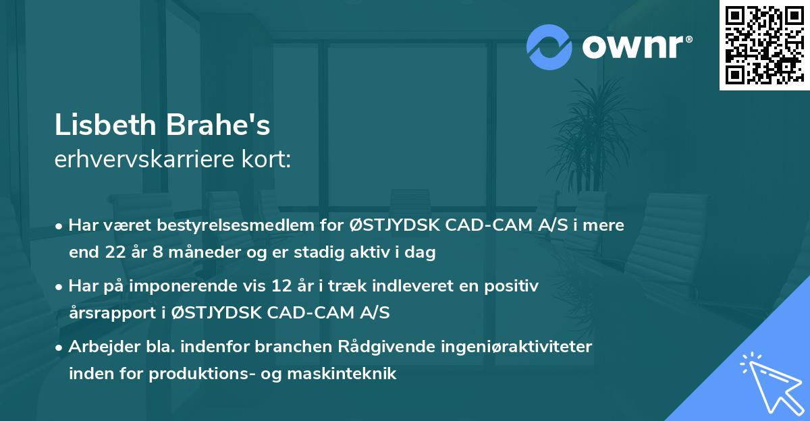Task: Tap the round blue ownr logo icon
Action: click(549, 47)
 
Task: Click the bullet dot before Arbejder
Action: click(59, 347)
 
